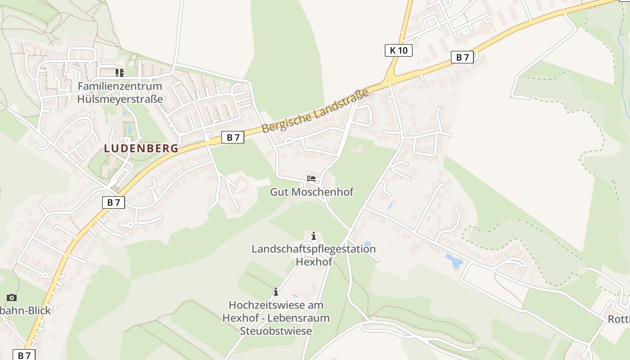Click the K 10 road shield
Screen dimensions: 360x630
(398, 50)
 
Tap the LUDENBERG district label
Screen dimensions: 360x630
(141, 148)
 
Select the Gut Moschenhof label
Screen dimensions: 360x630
(311, 192)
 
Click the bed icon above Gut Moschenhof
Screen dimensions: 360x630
(311, 179)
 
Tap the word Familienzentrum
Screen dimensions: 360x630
(120, 86)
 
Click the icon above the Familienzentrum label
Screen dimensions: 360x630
(119, 72)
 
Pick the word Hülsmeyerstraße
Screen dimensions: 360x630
(120, 99)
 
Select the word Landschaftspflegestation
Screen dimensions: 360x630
(314, 249)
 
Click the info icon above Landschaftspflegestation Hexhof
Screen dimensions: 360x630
(314, 236)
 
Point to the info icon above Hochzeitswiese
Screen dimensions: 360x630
(276, 292)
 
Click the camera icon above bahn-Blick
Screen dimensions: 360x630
(12, 297)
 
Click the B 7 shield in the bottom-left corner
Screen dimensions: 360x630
(24, 355)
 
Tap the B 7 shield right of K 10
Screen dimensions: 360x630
(462, 57)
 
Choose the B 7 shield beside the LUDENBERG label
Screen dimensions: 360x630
(233, 137)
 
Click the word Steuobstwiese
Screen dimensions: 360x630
(276, 331)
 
